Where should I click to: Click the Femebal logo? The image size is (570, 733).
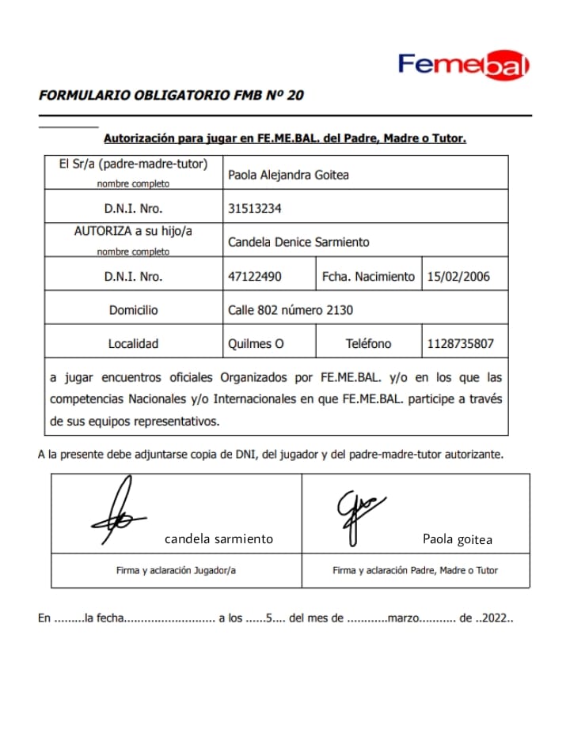pyautogui.click(x=463, y=65)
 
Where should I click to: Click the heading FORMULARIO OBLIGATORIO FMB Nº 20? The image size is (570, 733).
pyautogui.click(x=171, y=96)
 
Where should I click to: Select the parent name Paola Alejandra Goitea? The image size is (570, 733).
pyautogui.click(x=288, y=175)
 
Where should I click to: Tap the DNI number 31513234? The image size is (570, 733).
pyautogui.click(x=255, y=209)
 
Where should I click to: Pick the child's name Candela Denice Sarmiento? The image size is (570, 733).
pyautogui.click(x=298, y=242)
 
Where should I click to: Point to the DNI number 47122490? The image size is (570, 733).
pyautogui.click(x=255, y=277)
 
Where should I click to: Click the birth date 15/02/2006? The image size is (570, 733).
pyautogui.click(x=458, y=277)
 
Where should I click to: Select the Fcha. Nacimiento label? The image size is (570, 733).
pyautogui.click(x=368, y=277)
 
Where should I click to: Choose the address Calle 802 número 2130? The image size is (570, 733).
pyautogui.click(x=291, y=310)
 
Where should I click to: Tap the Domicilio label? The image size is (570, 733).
pyautogui.click(x=133, y=310)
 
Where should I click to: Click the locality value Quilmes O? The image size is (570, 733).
pyautogui.click(x=256, y=344)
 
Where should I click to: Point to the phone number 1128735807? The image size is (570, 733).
pyautogui.click(x=459, y=344)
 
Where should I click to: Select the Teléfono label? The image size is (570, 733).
pyautogui.click(x=368, y=344)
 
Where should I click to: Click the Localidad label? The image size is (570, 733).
pyautogui.click(x=133, y=344)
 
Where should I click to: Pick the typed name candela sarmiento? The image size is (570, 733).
pyautogui.click(x=218, y=539)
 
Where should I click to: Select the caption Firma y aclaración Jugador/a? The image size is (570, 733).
pyautogui.click(x=176, y=570)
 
